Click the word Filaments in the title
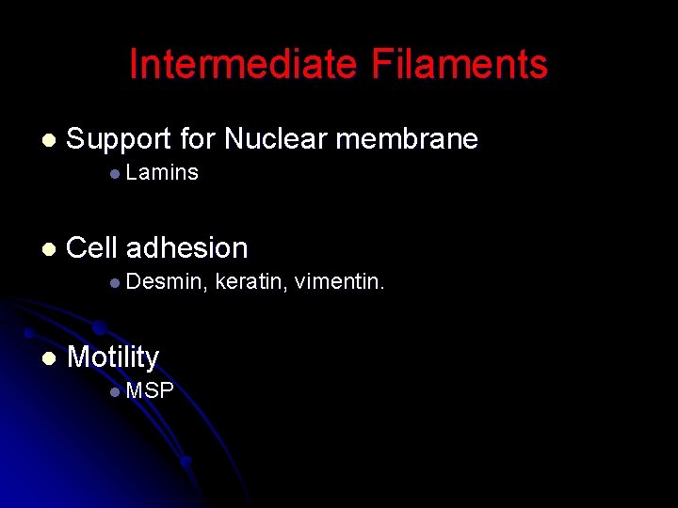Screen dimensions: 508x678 (460, 65)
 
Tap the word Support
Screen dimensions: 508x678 (119, 140)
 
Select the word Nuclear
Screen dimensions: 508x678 (275, 140)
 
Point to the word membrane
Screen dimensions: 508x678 (407, 140)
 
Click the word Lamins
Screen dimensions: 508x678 (161, 172)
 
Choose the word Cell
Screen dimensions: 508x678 (91, 248)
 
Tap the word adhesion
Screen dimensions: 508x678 (186, 248)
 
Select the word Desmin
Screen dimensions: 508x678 (166, 280)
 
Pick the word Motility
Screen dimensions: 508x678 (113, 357)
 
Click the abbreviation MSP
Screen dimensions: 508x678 (150, 390)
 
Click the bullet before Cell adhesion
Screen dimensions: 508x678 (49, 249)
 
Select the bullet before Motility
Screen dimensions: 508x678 (49, 358)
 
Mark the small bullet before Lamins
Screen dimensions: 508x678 (114, 174)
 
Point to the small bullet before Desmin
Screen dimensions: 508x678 (114, 282)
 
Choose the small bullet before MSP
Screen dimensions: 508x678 (114, 391)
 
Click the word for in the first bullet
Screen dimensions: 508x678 (197, 140)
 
